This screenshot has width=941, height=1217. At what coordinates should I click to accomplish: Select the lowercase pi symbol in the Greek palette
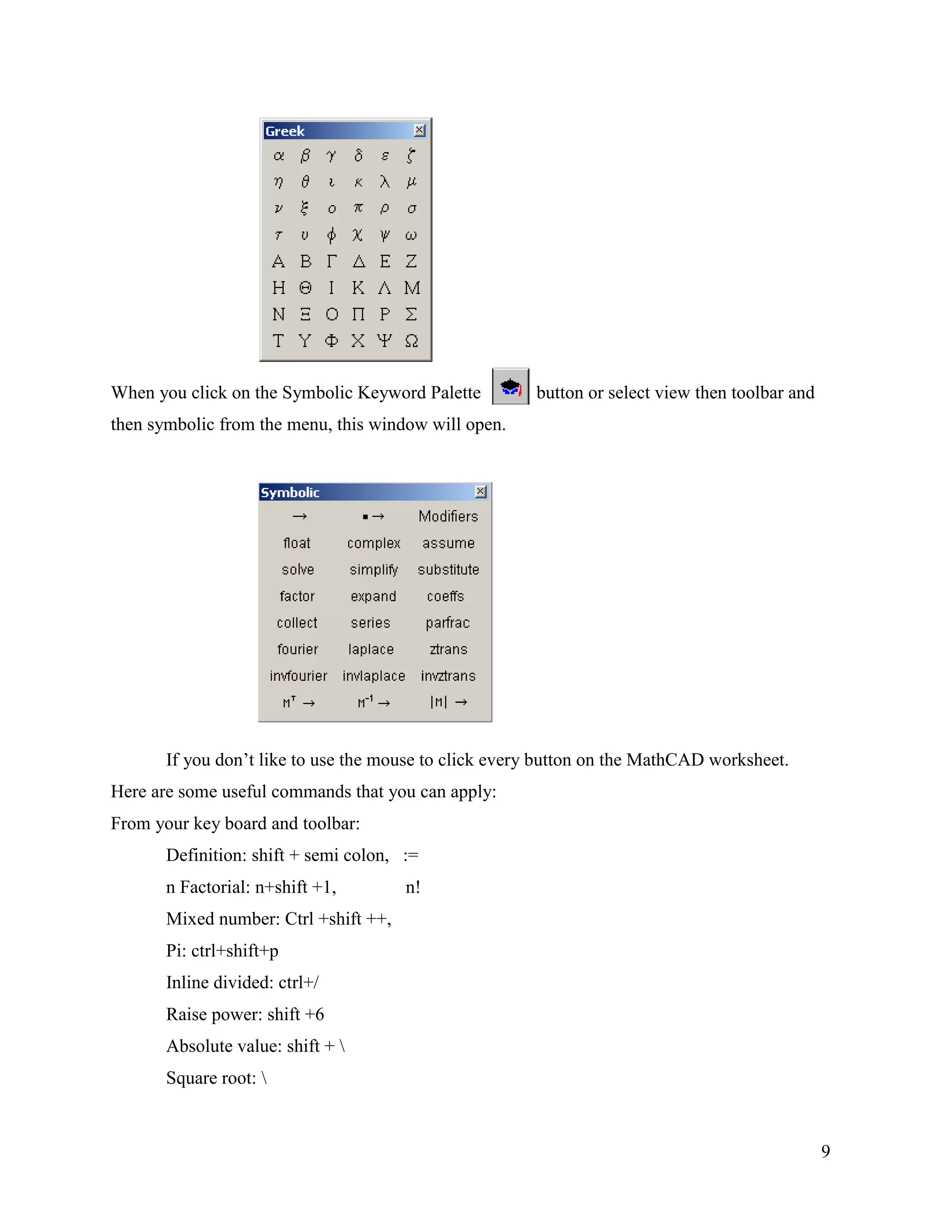click(358, 208)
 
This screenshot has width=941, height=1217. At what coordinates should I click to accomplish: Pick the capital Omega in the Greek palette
click(411, 340)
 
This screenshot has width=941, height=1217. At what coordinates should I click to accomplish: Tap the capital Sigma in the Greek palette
click(411, 314)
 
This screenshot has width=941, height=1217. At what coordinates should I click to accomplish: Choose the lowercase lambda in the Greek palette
click(385, 182)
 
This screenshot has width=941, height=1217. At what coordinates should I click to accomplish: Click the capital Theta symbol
click(305, 288)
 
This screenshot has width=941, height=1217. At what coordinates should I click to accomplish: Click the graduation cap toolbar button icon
click(510, 387)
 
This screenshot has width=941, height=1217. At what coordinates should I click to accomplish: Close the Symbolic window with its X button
click(481, 491)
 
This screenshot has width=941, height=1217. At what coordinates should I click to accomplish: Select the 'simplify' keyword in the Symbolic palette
click(374, 569)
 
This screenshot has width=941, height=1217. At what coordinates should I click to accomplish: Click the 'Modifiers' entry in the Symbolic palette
click(448, 517)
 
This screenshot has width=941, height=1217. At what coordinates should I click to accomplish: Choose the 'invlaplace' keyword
click(374, 676)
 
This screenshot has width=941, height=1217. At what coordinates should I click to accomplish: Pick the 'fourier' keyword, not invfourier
click(298, 649)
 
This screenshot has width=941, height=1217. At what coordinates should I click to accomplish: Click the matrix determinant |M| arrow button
click(448, 702)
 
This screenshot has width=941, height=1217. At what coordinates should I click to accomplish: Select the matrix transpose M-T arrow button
click(299, 702)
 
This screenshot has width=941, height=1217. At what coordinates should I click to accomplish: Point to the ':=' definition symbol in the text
click(411, 856)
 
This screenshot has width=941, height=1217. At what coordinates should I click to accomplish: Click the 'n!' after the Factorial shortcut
click(413, 887)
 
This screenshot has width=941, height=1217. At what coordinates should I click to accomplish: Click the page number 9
click(826, 1151)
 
